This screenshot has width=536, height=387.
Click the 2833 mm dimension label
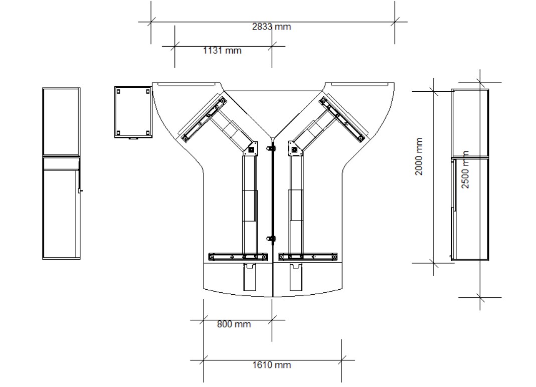(271, 27)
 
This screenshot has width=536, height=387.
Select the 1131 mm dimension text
(222, 51)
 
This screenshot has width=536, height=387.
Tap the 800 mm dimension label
(234, 324)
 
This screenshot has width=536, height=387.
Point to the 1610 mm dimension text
(272, 365)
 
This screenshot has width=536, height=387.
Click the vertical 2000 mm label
(419, 156)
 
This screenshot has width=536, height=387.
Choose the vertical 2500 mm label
(465, 169)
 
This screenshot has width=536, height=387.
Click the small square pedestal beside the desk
(133, 112)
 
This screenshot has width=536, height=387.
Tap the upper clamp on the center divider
(271, 149)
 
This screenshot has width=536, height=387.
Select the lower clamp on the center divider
(271, 239)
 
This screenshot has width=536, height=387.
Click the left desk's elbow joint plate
(251, 150)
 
